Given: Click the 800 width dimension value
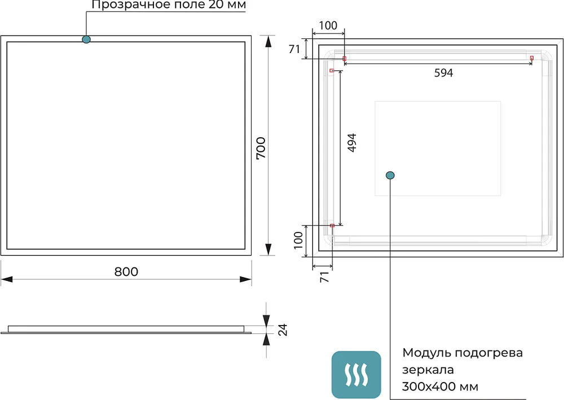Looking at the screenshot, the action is coord(126,271).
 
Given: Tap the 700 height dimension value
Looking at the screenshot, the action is coord(261,148).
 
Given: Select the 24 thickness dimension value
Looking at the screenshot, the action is coord(283,330).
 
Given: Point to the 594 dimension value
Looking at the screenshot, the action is coord(443,73).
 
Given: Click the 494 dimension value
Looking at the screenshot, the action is coord(352,143).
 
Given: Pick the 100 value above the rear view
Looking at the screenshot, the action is coord(328,25).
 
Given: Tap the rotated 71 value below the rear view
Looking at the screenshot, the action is coord(324,277).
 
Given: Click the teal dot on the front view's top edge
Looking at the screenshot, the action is coord(86,39).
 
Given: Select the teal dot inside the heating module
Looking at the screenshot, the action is coord(390,175).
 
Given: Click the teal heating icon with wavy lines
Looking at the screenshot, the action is coord(356,375).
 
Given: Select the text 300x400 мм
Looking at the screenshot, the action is coord(440,386).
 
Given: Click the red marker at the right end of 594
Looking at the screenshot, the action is coord(532,58).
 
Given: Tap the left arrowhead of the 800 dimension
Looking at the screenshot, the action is coord(7,279).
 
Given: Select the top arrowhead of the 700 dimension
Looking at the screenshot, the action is coord(268,41).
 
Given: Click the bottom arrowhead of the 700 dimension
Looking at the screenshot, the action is coord(268,249).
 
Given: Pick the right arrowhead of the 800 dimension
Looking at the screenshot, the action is coord(245,279).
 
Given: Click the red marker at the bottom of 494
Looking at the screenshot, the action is coord(332,226).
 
